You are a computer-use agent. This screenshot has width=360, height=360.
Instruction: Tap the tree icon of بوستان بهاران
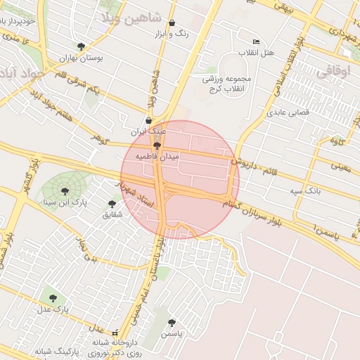point(81,47)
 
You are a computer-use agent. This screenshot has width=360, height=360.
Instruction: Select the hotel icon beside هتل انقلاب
point(256,41)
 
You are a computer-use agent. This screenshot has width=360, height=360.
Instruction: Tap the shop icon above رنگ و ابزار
point(172,22)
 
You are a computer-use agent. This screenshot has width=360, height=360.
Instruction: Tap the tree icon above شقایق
point(115,202)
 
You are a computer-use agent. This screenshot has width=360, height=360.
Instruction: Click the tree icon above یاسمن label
point(172,323)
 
